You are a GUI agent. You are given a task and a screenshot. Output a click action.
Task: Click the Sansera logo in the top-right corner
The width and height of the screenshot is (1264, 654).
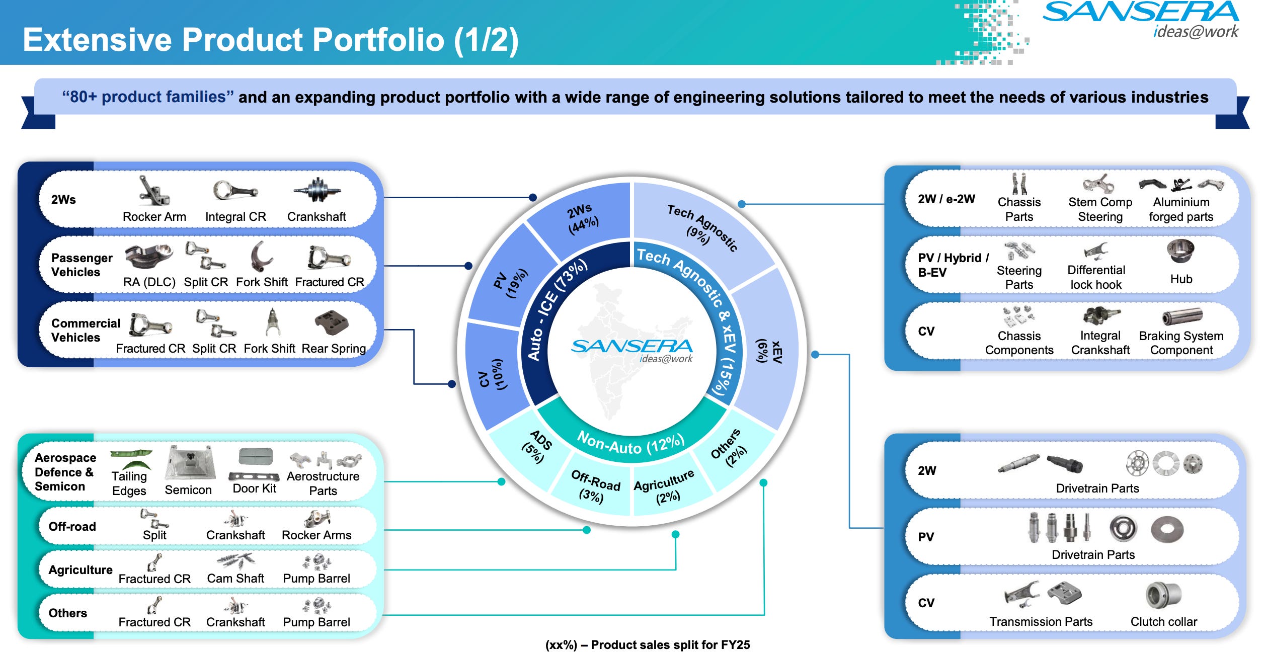[x=1141, y=19]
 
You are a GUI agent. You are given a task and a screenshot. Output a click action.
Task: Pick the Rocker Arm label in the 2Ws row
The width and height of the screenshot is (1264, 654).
[x=154, y=217]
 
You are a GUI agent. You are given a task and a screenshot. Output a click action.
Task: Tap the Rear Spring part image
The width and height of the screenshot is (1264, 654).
[x=332, y=322]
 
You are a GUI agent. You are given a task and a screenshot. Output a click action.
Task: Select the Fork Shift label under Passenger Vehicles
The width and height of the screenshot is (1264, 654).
[x=262, y=282]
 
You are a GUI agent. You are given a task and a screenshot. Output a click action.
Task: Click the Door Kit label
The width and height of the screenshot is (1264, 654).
[x=254, y=488]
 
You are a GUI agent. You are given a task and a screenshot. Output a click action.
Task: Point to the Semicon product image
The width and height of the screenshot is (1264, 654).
[x=190, y=462]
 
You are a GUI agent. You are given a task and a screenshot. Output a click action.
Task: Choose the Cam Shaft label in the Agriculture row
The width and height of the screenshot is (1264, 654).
[x=235, y=579]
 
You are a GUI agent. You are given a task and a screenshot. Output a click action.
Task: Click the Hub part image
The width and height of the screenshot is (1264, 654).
[x=1180, y=251]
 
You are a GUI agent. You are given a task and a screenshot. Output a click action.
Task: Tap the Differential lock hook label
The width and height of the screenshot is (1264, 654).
[x=1095, y=277]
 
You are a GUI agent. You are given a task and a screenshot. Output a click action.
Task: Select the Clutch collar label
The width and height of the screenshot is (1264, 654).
[x=1163, y=622]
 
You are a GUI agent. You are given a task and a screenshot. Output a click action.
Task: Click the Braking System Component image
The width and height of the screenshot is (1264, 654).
[x=1182, y=316]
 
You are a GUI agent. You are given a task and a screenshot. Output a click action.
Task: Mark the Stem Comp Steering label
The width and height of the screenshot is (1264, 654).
[x=1100, y=209]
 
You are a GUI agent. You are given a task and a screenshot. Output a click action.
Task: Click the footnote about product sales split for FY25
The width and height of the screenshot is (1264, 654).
[x=648, y=645]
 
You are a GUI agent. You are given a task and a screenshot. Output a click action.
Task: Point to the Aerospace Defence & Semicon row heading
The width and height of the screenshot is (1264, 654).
[x=65, y=472]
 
